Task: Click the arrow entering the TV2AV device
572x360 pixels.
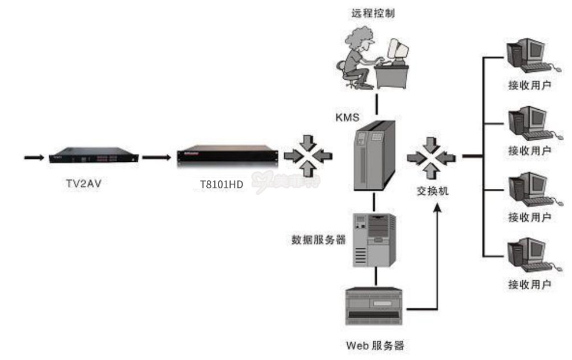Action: (34, 156)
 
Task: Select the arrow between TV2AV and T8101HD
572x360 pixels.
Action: (155, 156)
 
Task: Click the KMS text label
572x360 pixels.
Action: (348, 117)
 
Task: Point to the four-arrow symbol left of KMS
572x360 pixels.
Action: (309, 154)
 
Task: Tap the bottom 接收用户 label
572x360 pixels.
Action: (529, 284)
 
